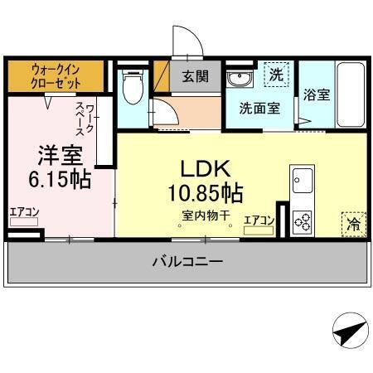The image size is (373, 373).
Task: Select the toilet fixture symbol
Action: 131,85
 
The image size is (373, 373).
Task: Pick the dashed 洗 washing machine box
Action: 276,75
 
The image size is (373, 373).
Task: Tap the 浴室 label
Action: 317,94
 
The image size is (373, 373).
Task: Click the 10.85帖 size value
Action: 205,194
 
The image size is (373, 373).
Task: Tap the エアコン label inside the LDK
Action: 259,220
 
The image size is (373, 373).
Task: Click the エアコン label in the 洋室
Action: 24,212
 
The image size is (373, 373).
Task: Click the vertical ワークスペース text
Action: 85,119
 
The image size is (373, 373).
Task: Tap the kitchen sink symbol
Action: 302,179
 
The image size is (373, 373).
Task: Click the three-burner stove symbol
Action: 302,221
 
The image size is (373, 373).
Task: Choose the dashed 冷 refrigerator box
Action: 353,222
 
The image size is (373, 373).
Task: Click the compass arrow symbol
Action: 349,332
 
